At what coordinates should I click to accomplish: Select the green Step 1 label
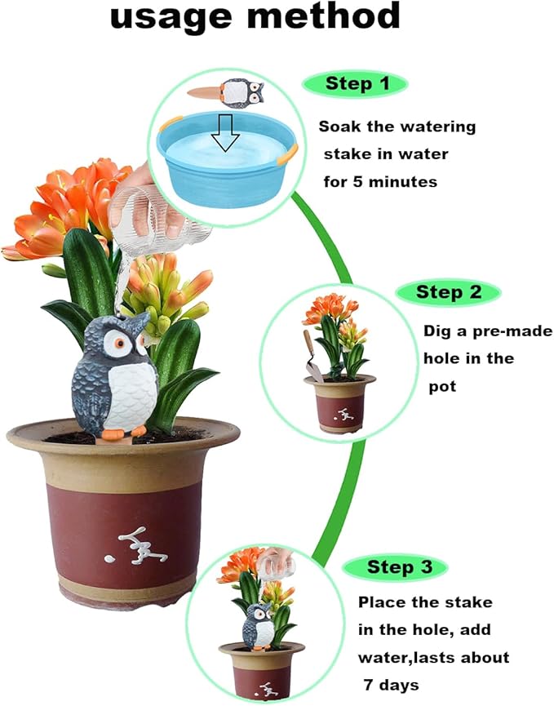click(x=354, y=83)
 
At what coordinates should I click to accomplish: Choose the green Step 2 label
click(x=445, y=292)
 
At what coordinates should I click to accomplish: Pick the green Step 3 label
click(x=395, y=567)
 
